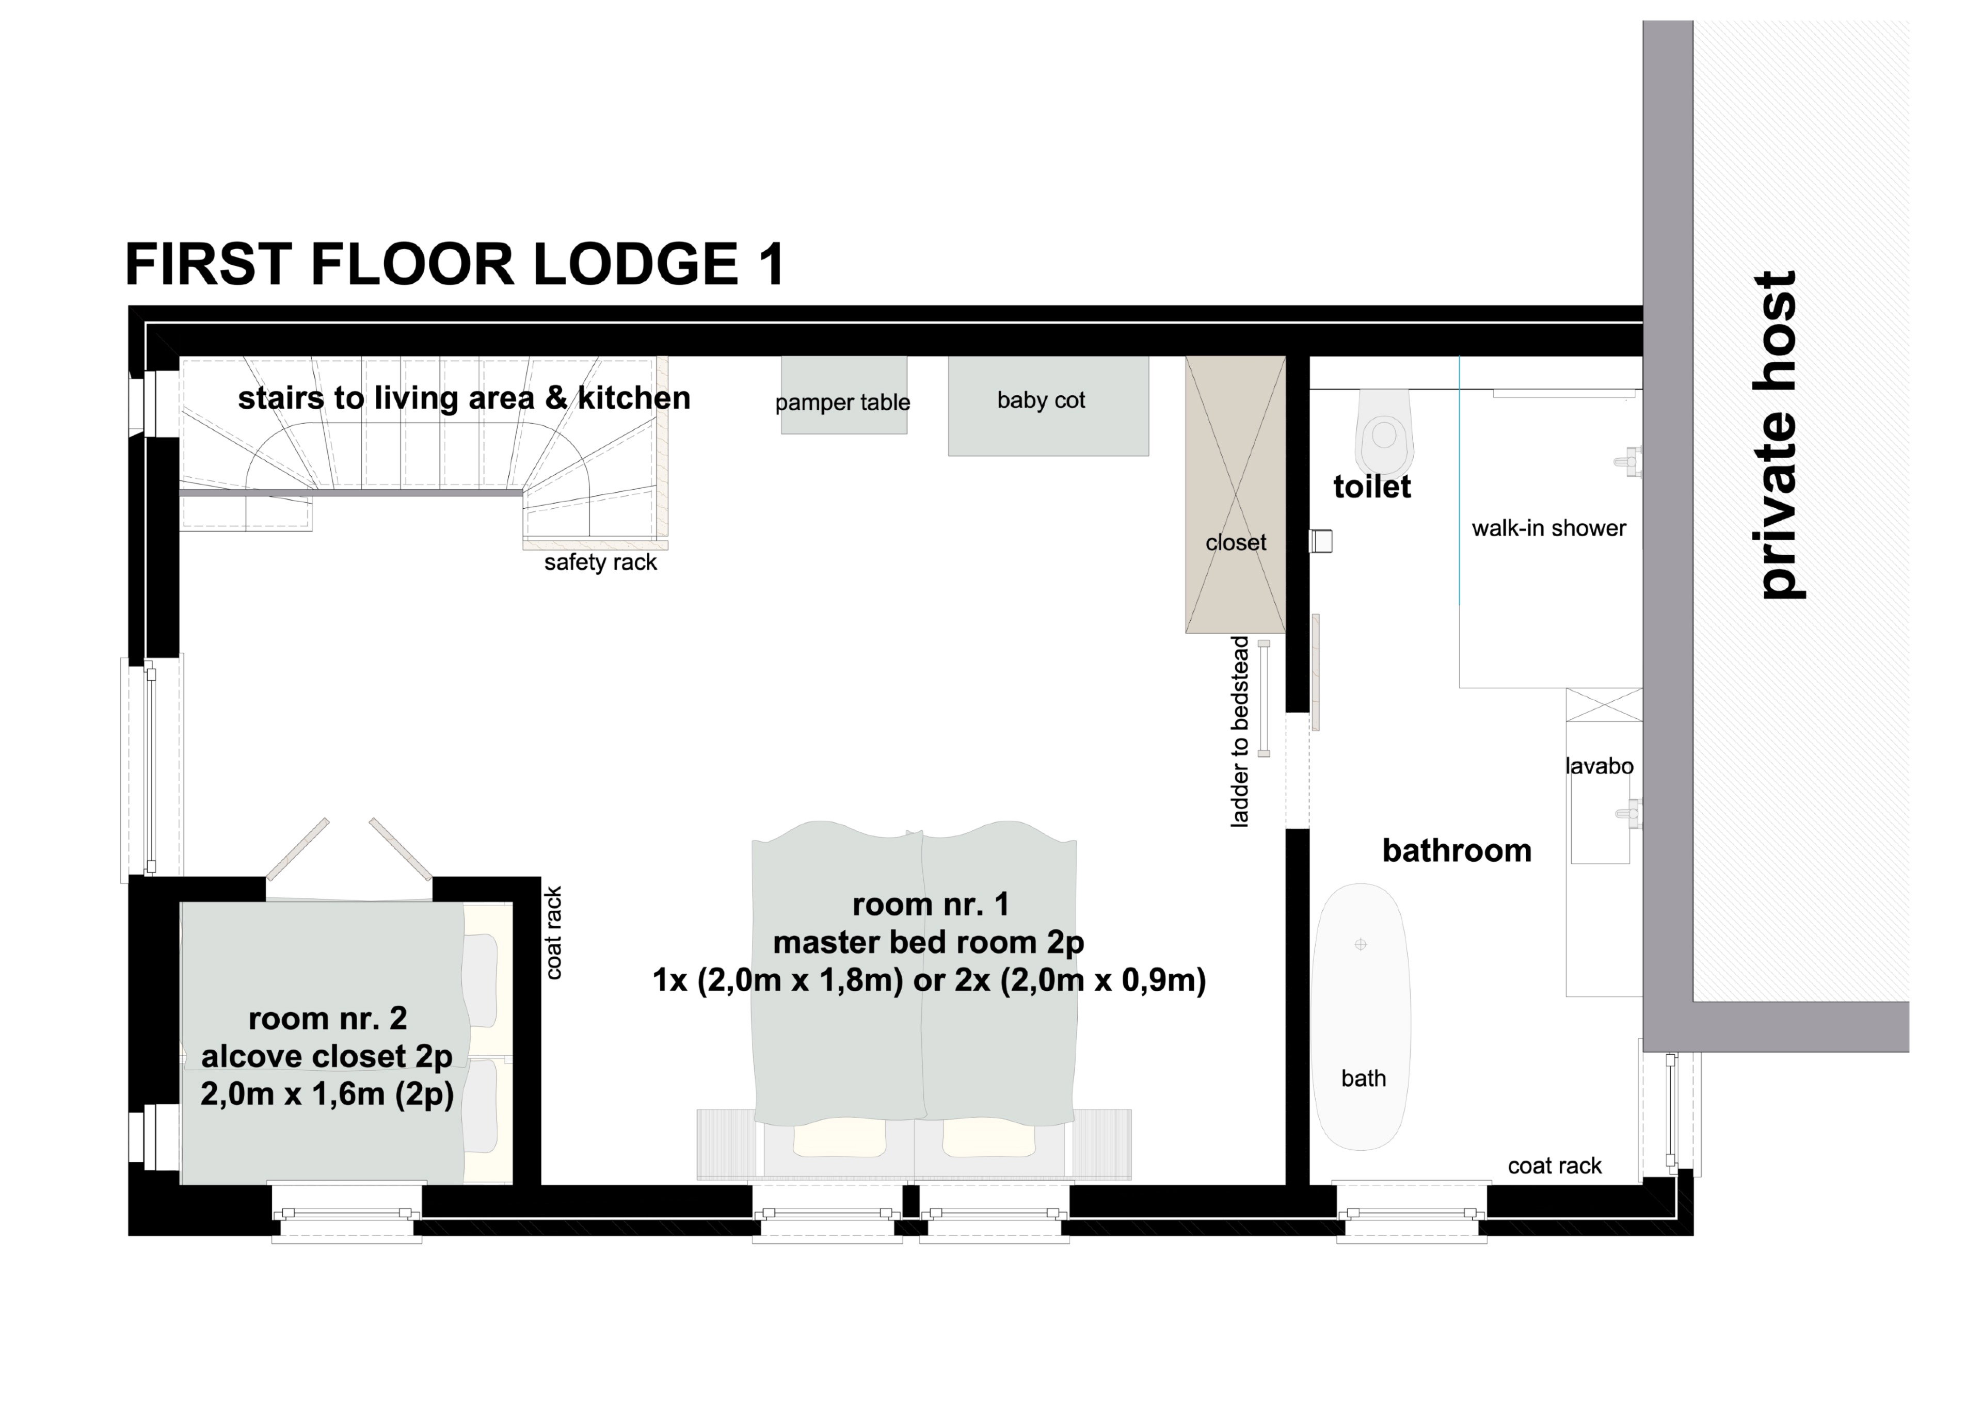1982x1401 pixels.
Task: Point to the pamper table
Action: pos(843,394)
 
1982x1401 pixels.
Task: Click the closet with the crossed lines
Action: pos(1235,495)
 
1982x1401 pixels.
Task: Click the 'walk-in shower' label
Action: pos(1548,528)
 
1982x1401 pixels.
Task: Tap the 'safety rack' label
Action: pos(600,563)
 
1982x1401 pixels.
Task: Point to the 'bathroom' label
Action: pos(1457,851)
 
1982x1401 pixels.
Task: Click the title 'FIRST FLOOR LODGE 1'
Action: pos(455,264)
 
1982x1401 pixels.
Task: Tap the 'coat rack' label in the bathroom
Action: pos(1555,1166)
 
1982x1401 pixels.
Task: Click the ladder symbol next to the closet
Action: pos(1264,698)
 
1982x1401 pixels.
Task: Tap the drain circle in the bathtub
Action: pos(1361,944)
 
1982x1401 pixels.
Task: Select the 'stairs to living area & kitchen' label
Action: pos(465,398)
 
